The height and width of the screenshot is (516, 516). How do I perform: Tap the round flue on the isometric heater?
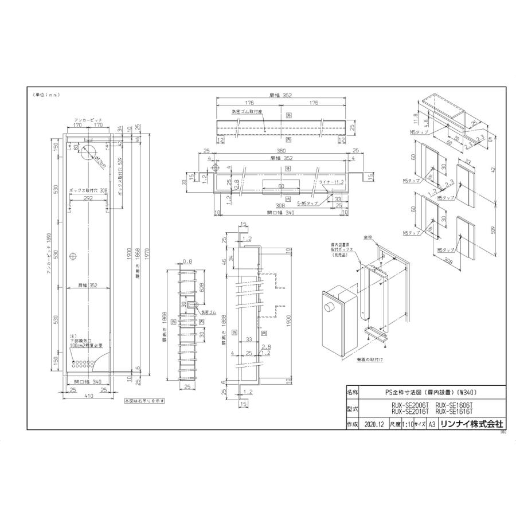(331, 307)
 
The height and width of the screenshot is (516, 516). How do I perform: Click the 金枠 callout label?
(368, 236)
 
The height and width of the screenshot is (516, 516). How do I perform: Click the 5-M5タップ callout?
(307, 204)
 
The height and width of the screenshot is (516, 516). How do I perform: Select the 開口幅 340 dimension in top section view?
(280, 212)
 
